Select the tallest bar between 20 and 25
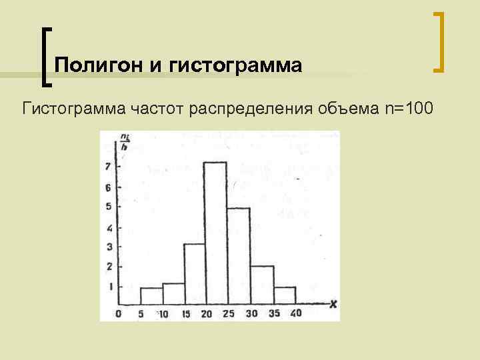tap(215, 234)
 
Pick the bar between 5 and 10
tap(151, 297)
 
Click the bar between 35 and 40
tap(285, 296)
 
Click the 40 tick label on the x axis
tap(296, 314)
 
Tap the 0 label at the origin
tap(118, 314)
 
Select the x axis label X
tap(333, 305)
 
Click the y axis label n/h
tap(124, 142)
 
